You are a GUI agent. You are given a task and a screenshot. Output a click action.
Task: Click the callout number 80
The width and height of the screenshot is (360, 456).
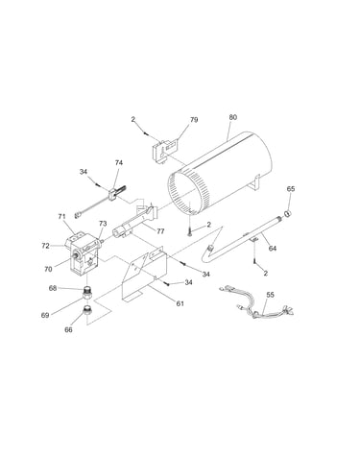click(x=233, y=117)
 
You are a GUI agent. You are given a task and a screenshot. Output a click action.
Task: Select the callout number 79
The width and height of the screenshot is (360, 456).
click(x=194, y=120)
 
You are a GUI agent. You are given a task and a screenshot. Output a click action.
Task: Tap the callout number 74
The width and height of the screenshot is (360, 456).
click(x=119, y=163)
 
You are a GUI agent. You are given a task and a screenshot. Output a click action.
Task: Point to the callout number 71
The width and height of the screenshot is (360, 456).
click(x=61, y=217)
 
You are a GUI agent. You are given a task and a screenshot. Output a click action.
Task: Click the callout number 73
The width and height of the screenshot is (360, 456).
click(x=103, y=224)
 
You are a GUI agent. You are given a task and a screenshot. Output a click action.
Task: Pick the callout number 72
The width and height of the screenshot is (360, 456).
click(x=46, y=246)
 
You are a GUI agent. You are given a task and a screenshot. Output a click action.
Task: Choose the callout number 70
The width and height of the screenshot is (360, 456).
click(x=48, y=270)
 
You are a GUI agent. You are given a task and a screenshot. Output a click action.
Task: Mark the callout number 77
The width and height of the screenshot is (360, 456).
click(x=160, y=231)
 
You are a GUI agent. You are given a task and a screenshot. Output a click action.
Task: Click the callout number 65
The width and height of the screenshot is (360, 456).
click(x=291, y=189)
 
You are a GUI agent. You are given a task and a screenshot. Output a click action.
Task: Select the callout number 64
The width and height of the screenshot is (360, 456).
click(x=273, y=249)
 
